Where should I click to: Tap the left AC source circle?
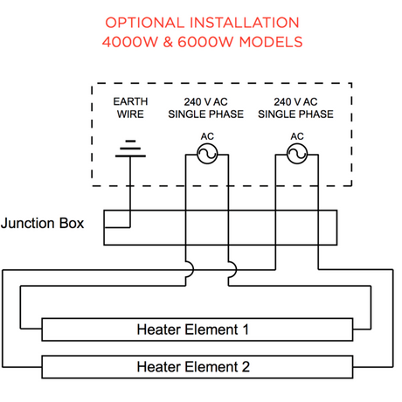[x=207, y=155]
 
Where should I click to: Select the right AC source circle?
[x=296, y=155]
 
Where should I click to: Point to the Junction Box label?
[x=43, y=223]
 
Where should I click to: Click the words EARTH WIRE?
[x=131, y=107]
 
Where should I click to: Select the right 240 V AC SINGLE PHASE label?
[x=298, y=107]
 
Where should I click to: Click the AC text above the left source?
[x=207, y=135]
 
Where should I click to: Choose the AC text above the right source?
[x=296, y=135]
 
